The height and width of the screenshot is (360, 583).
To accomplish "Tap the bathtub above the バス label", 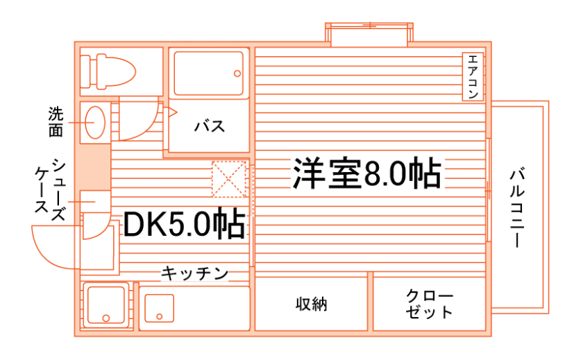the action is point(209,72).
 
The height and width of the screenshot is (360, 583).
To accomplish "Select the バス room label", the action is point(208,127).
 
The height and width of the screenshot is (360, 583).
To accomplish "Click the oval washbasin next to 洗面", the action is point(94,122).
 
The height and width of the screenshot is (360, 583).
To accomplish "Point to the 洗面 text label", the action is point(56,121).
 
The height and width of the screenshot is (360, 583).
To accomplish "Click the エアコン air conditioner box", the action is point(473,76).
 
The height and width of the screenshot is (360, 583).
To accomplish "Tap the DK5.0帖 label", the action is point(184,224).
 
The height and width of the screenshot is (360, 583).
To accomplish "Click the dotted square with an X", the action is point(229,178).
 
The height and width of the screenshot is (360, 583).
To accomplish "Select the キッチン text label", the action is point(195,274).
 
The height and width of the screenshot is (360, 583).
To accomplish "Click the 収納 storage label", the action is point(311,304).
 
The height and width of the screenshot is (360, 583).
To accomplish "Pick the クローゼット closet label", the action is point(429,304).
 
